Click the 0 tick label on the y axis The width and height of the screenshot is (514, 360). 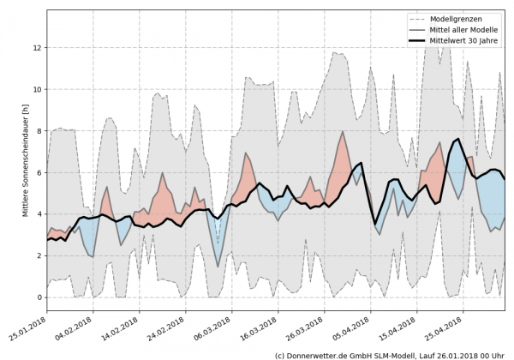[x=39, y=297]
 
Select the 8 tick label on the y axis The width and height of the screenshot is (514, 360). [x=39, y=131]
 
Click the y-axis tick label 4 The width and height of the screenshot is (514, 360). [x=39, y=214]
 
